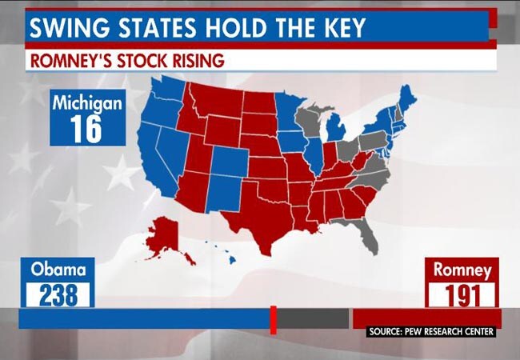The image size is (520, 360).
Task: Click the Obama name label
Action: pyautogui.click(x=58, y=270)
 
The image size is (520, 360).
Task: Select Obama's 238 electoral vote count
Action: pyautogui.click(x=58, y=294)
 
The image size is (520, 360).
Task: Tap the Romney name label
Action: pyautogui.click(x=462, y=270)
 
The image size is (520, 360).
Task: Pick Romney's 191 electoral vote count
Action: pyautogui.click(x=462, y=294)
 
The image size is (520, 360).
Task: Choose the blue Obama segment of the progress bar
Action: pyautogui.click(x=144, y=318)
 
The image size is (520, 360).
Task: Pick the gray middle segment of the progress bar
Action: pyautogui.click(x=312, y=318)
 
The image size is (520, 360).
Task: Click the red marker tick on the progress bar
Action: pyautogui.click(x=273, y=318)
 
